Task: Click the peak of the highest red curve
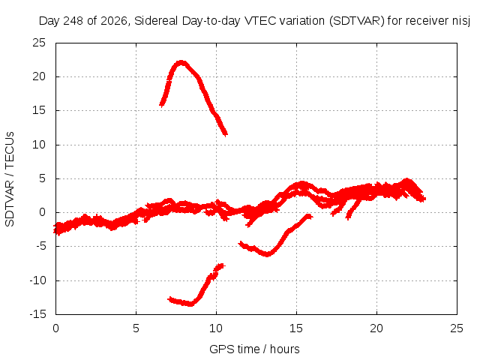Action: coord(181,63)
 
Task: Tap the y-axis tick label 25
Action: coord(39,43)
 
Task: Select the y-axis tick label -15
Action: coord(37,314)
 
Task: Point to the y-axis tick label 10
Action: coord(39,145)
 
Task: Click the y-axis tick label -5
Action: coord(40,246)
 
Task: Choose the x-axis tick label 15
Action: coord(296,328)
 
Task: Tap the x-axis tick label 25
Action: coord(457,328)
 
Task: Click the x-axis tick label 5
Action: coord(136,328)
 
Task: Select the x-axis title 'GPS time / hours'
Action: coord(254,349)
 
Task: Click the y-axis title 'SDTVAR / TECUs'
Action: coord(10,179)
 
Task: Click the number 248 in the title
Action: coord(73,21)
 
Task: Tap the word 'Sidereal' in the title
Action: coord(156,21)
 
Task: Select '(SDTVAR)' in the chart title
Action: coord(357,21)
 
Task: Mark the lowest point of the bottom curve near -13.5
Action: coord(190,304)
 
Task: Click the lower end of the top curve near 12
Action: coord(226,134)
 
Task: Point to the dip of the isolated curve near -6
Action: coord(267,254)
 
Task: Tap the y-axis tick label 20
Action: coord(39,76)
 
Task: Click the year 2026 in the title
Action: coord(113,21)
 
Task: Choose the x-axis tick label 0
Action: coord(55,328)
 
